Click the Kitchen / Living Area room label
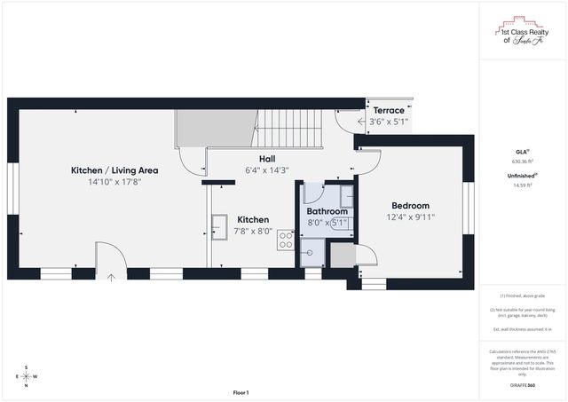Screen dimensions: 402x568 point(114,169)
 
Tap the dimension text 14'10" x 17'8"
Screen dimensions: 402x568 point(114,182)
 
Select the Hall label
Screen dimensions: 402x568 point(266,158)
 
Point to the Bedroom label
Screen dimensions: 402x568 point(410,205)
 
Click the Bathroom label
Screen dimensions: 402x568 point(327,211)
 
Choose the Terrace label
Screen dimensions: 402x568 point(389,111)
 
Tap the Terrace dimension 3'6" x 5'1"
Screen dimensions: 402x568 point(389,122)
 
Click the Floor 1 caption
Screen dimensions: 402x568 point(241,392)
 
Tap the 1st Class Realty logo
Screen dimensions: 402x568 point(524,32)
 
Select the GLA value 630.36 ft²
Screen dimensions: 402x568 point(524,162)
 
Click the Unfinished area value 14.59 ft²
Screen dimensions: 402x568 point(524,185)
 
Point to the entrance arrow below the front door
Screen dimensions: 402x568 point(110,278)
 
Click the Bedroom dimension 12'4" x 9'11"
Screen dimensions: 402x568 point(410,217)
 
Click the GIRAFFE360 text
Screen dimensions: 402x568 point(524,385)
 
